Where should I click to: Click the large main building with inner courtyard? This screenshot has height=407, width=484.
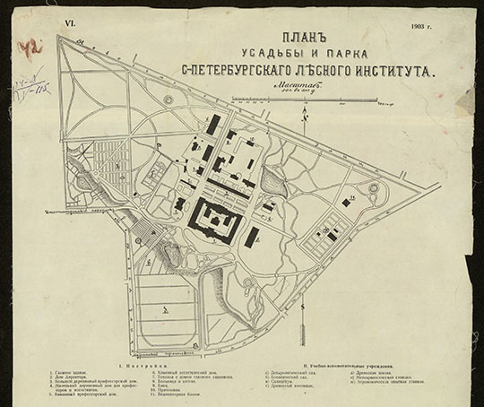[215, 219]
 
